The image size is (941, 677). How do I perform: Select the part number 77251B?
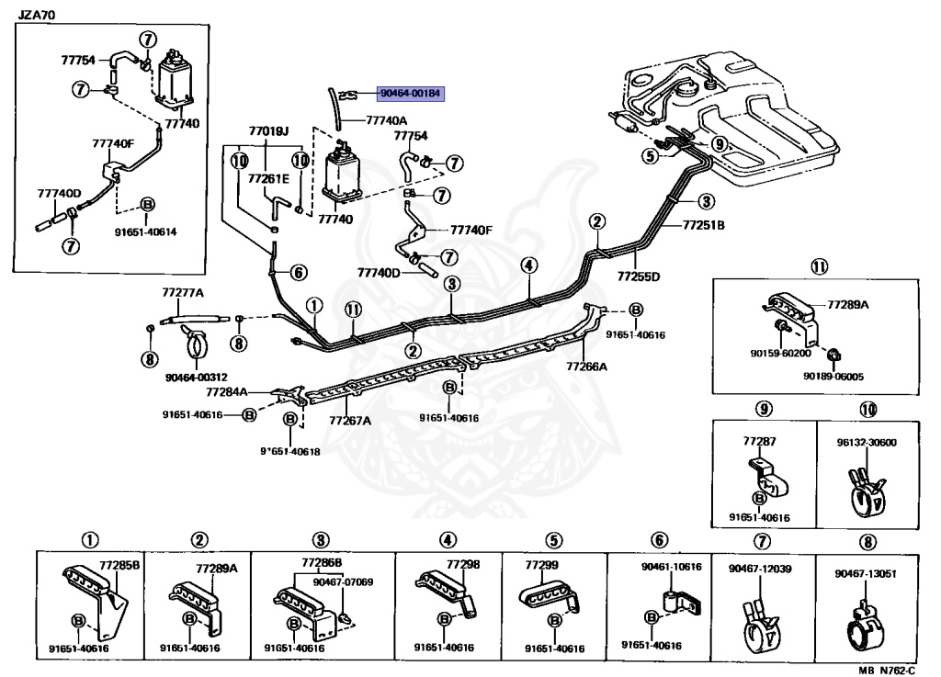(704, 223)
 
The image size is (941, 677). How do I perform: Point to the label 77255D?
(639, 275)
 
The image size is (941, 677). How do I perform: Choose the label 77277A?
(183, 293)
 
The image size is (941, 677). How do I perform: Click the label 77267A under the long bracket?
(350, 421)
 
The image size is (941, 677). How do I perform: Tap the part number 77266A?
(588, 366)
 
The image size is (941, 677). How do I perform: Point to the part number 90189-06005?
(833, 376)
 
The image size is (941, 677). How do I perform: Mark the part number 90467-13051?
(866, 573)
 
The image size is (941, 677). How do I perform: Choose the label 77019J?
(268, 130)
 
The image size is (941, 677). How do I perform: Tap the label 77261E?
(266, 178)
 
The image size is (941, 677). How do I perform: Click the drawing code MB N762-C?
(892, 670)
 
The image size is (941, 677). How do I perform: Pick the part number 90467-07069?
(343, 581)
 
